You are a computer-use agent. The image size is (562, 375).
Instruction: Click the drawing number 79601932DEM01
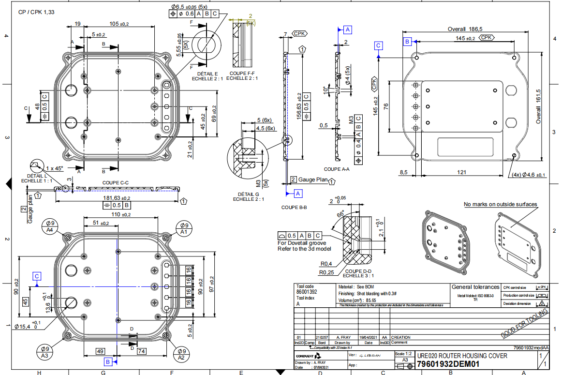coord(448,364)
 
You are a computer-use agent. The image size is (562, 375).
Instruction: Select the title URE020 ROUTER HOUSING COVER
coord(462,356)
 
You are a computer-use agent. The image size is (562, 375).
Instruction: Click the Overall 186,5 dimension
coord(465,29)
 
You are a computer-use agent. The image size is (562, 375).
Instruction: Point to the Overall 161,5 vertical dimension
coord(538,106)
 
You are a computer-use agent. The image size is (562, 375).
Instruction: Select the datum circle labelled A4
coord(50,227)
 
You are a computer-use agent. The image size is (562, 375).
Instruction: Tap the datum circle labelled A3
coord(45,352)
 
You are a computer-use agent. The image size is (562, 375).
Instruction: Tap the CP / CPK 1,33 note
coord(36,12)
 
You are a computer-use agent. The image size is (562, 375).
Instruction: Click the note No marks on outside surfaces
coord(500,204)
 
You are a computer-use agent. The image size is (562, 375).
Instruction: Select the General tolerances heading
coord(475,287)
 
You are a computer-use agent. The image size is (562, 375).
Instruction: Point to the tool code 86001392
coord(307,292)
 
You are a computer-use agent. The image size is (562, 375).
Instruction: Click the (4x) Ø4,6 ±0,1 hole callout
coord(528,175)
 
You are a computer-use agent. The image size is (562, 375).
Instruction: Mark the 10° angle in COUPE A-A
coord(325,90)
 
